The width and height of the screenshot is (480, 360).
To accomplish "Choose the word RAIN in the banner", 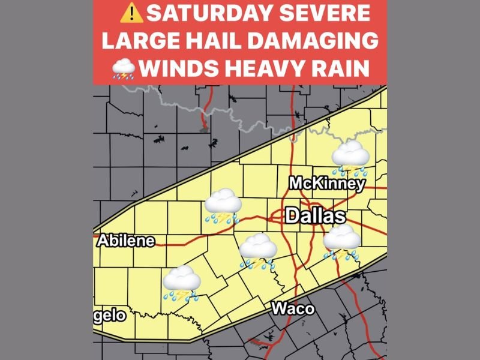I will coord(347,69).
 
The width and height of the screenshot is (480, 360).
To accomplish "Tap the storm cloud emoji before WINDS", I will coord(123,69).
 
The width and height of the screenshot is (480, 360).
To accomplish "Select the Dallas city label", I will coord(315,216).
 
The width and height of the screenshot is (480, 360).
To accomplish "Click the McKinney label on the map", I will coord(327,184).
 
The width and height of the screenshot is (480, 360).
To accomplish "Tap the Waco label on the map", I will coord(293,308).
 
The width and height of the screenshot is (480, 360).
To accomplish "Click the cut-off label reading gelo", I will coord(109,316).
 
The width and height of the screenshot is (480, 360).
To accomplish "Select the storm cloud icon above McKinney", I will coord(350,157).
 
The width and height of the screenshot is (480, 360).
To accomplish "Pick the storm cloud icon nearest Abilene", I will coord(181,283).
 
